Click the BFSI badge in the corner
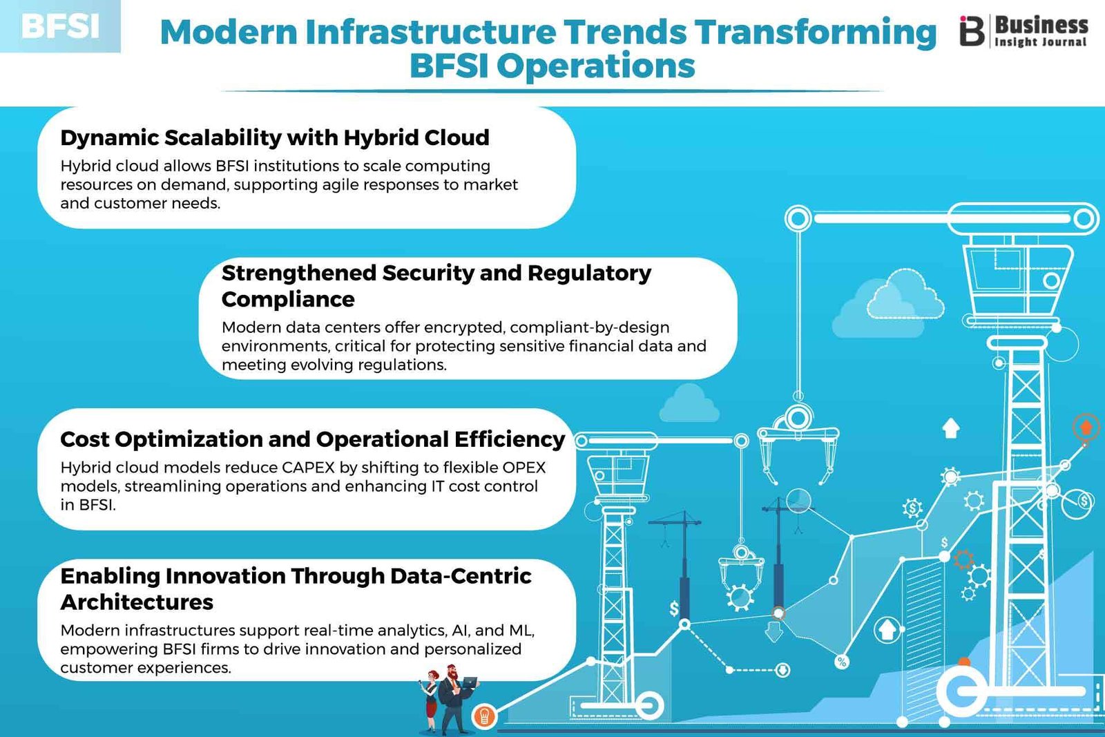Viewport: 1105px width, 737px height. [x=60, y=26]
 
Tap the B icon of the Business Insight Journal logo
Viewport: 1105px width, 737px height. [x=971, y=30]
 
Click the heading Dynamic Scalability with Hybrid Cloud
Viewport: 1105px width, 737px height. [x=275, y=137]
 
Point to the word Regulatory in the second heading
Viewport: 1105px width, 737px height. [x=589, y=273]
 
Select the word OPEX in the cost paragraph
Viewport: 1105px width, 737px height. [x=523, y=467]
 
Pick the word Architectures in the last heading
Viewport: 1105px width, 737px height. [x=137, y=602]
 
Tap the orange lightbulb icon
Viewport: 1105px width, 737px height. [x=484, y=716]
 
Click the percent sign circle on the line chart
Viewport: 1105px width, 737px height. [x=842, y=662]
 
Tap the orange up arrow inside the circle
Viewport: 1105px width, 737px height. [x=1086, y=427]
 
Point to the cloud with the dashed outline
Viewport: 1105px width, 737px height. [x=905, y=294]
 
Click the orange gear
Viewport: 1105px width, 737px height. [x=963, y=560]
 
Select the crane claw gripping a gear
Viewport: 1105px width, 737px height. [x=740, y=577]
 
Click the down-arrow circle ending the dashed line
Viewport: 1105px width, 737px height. [x=782, y=670]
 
